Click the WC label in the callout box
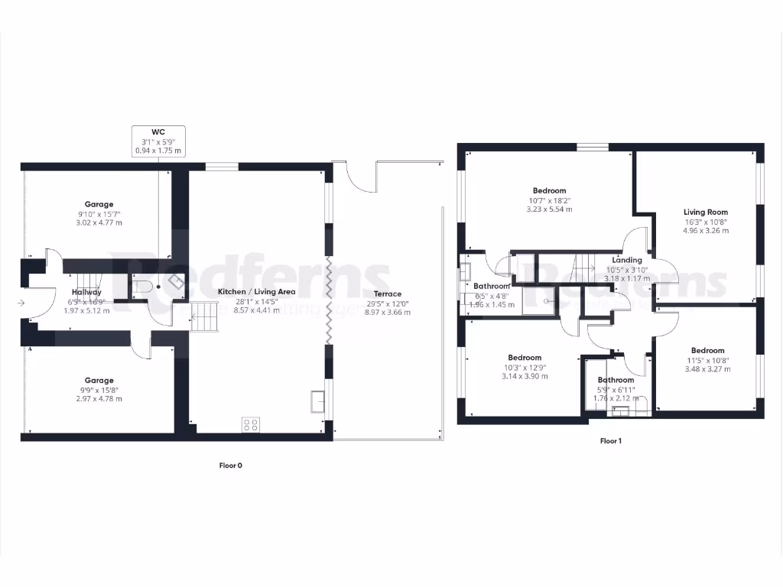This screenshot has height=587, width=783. (158, 132)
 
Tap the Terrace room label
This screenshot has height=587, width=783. (388, 293)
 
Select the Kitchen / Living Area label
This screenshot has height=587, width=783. (256, 292)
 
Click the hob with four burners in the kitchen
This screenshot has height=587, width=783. (250, 424)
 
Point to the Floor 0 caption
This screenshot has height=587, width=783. (230, 465)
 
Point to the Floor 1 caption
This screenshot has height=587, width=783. (609, 441)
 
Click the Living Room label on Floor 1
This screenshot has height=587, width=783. (705, 212)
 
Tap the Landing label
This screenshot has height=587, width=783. (626, 260)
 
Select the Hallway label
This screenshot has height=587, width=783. (86, 292)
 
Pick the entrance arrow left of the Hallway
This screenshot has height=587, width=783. (21, 303)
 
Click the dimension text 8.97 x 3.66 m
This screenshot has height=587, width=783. (388, 312)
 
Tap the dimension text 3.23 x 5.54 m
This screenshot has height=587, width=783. (549, 209)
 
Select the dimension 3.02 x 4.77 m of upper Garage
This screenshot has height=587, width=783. (99, 222)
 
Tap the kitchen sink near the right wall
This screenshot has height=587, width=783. (317, 400)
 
